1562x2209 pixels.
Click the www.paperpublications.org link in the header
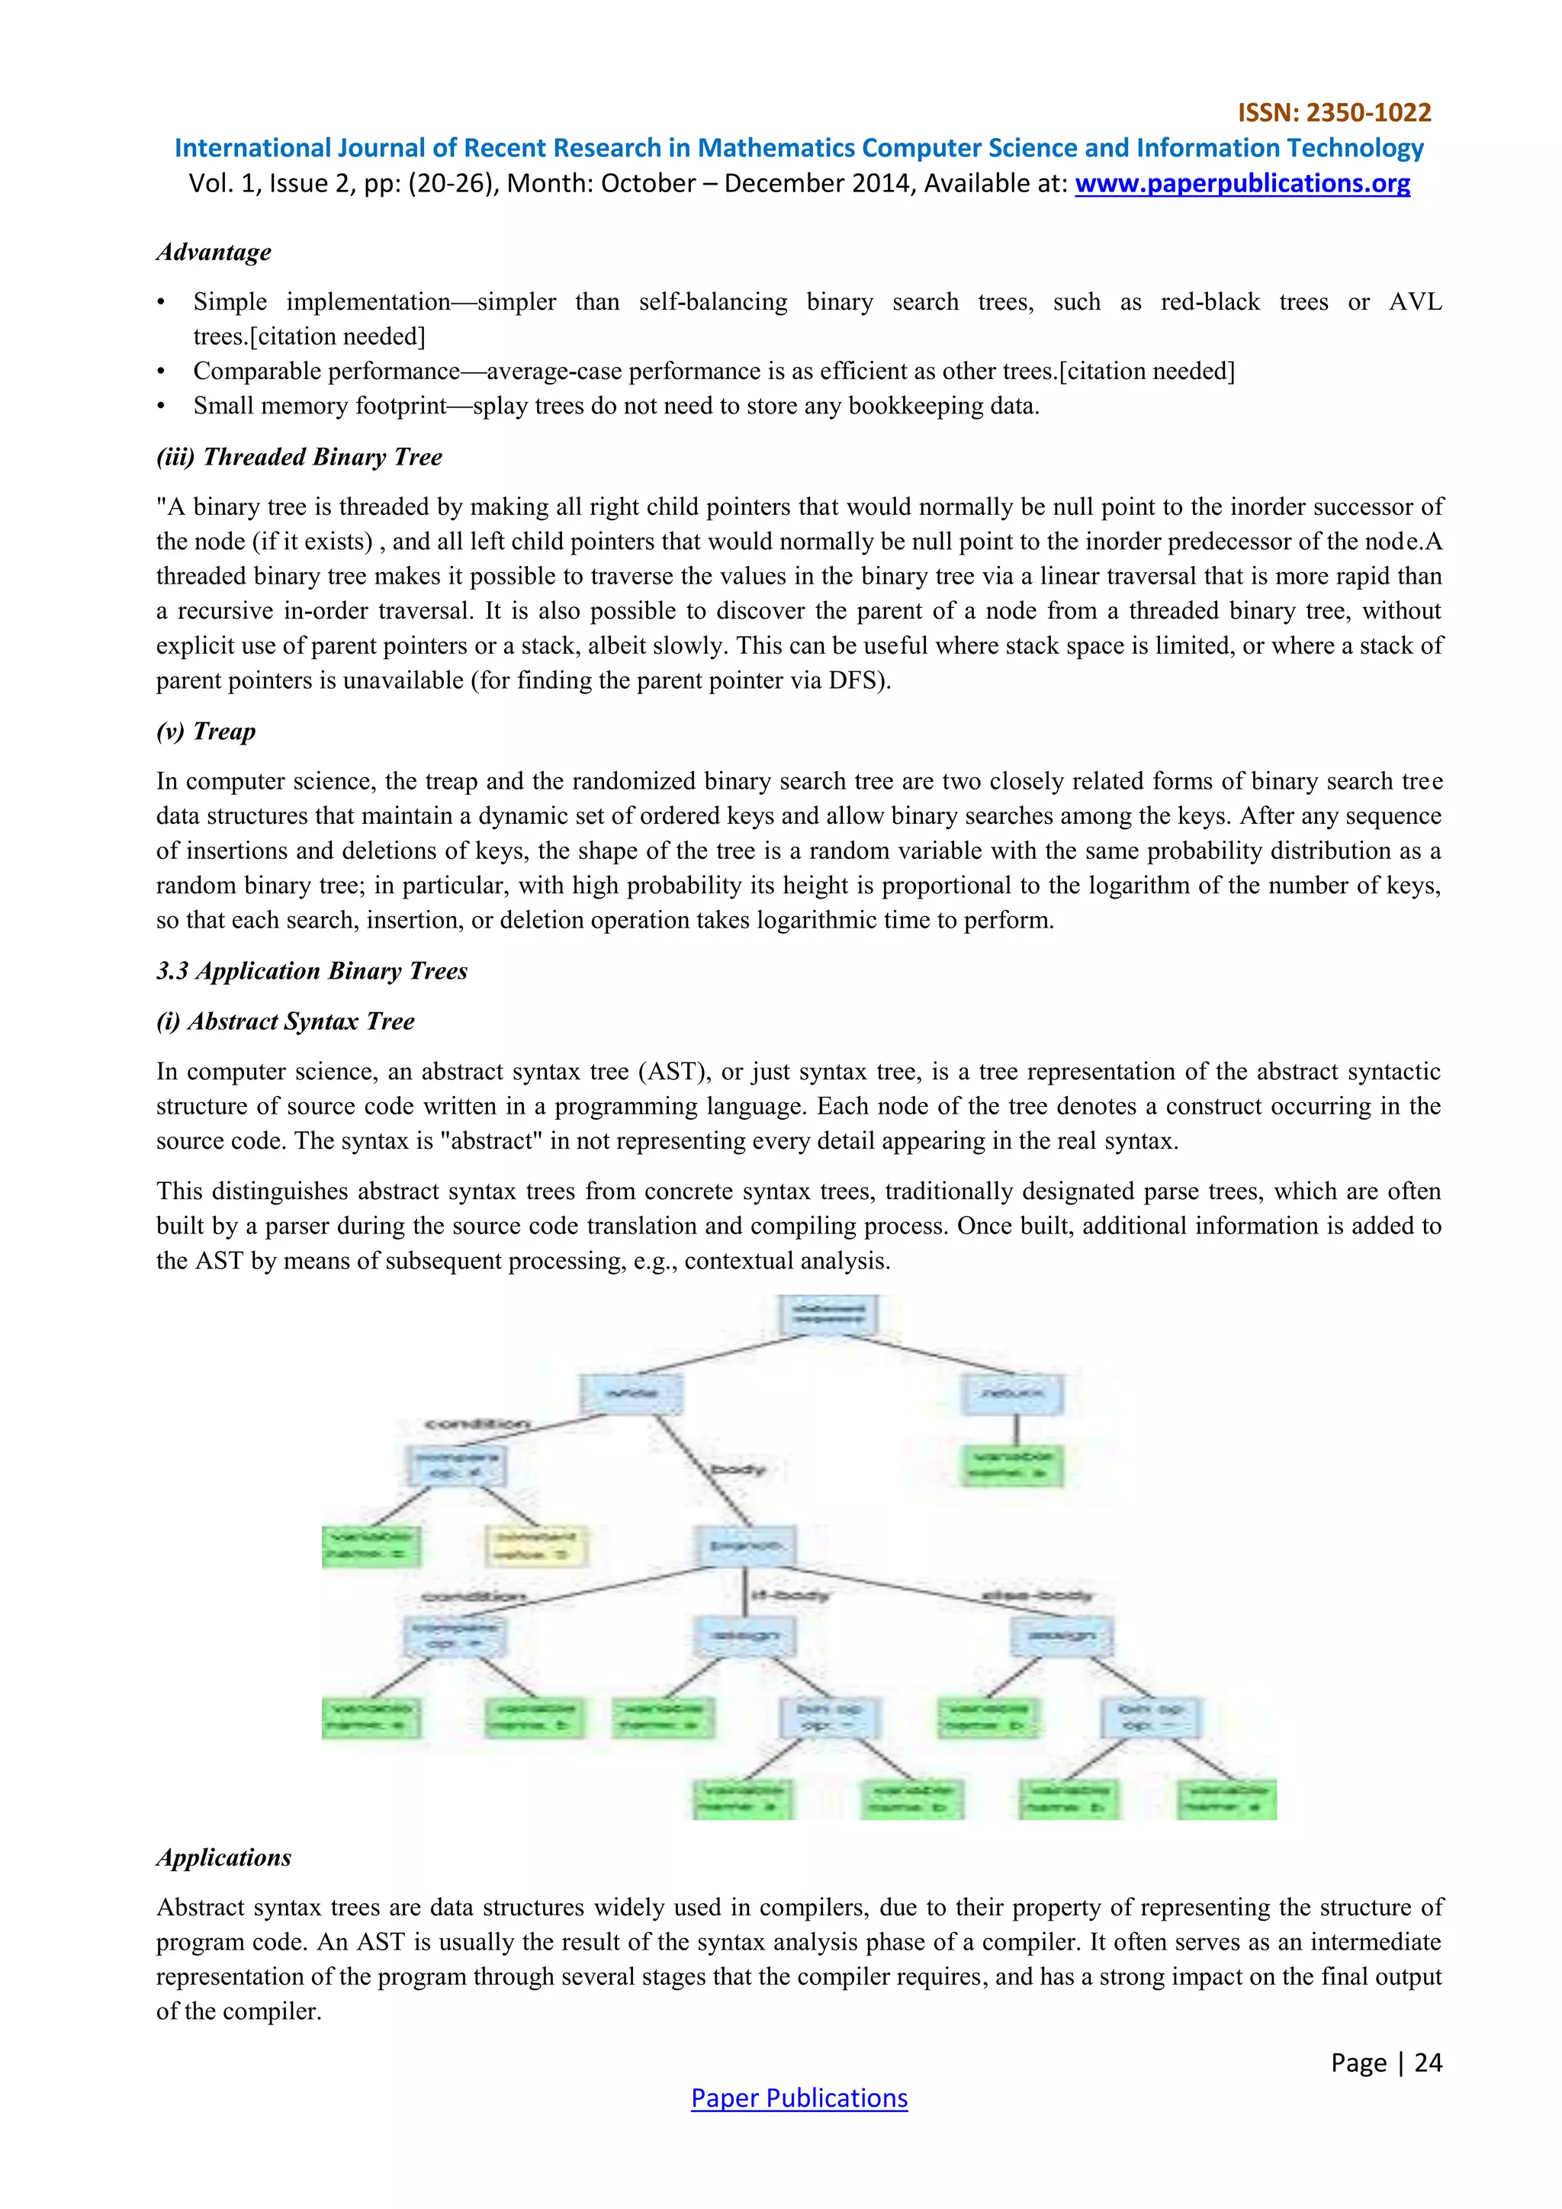point(1242,184)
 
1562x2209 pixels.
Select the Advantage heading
point(214,252)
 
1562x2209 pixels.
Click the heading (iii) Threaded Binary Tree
point(299,457)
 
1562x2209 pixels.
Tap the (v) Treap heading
point(206,732)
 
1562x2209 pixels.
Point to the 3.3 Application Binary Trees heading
point(312,971)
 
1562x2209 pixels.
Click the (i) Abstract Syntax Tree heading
point(284,1022)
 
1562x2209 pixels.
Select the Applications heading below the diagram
point(223,1858)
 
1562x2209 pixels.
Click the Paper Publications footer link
point(799,2098)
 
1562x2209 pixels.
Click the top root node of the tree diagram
point(828,1314)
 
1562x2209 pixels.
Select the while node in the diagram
point(631,1393)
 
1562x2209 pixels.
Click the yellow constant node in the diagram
point(535,1546)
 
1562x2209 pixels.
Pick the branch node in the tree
point(745,1546)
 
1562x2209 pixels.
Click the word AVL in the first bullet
point(1414,302)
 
